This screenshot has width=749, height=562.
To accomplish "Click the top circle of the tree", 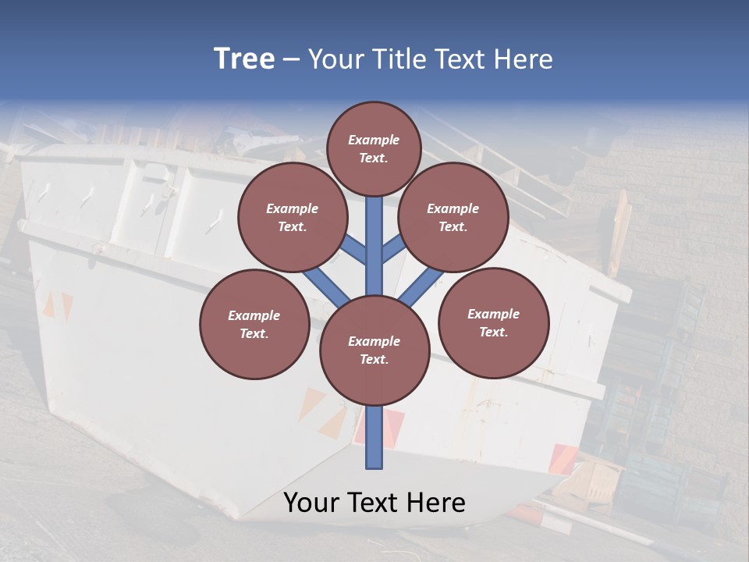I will (374, 148).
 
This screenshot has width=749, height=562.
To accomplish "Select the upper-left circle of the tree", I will (292, 218).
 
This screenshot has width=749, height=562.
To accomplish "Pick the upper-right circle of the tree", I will (453, 218).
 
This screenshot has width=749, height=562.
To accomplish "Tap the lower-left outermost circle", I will (254, 324).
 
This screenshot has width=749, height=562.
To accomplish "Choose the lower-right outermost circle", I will (494, 322).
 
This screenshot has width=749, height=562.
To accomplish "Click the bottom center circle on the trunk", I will (374, 350).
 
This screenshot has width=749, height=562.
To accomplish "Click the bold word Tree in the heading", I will (244, 59).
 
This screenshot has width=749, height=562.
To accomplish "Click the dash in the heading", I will (291, 60).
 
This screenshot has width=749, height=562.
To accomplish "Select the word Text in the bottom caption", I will (374, 503).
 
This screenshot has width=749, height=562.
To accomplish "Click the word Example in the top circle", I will (374, 140).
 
